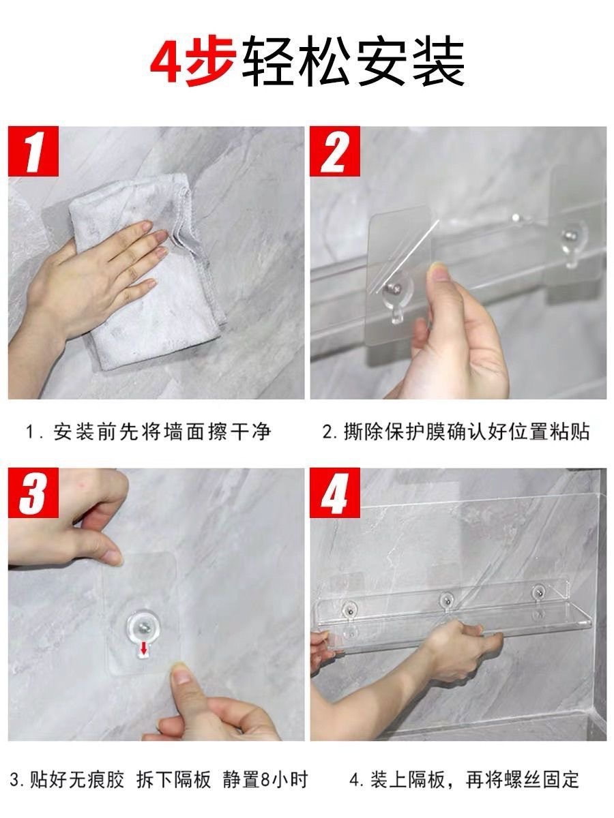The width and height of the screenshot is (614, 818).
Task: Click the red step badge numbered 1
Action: (33, 151)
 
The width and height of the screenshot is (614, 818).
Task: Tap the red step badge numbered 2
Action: (335, 151)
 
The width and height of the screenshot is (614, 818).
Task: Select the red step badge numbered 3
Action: (33, 492)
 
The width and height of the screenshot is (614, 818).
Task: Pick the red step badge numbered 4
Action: (335, 492)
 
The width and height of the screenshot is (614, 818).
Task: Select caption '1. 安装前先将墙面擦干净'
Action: (148, 432)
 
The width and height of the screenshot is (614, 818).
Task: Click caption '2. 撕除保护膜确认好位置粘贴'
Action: (456, 432)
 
